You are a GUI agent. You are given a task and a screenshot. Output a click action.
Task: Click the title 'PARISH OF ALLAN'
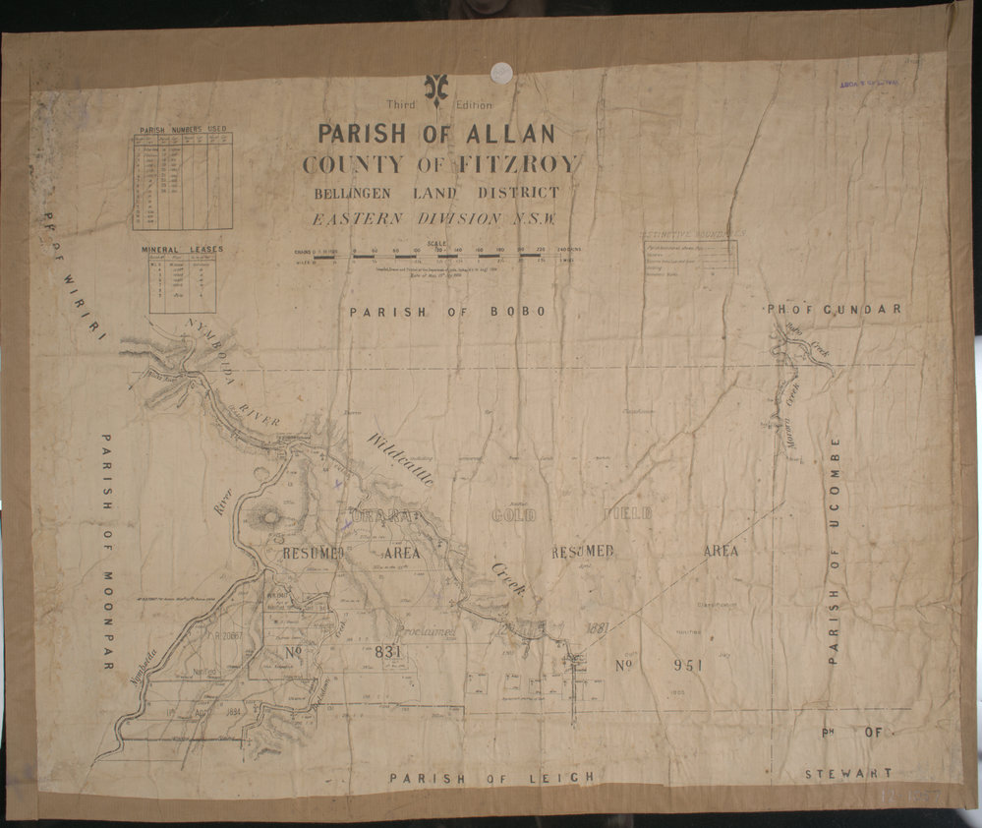point(435,134)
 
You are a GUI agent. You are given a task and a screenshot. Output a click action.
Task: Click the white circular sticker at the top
point(501,72)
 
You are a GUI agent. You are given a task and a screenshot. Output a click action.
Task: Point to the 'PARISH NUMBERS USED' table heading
point(182,129)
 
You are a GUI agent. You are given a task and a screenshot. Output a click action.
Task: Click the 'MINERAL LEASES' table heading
point(182,250)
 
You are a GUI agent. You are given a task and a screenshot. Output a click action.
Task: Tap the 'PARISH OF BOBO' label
point(447,312)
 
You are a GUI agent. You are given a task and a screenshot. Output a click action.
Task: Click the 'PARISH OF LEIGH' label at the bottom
point(491,777)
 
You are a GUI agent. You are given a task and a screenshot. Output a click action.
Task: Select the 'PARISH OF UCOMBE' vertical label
point(835,551)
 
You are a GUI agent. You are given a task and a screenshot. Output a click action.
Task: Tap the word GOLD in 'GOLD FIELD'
point(513,515)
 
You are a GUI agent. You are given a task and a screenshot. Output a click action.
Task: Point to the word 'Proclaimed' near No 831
point(425,632)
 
